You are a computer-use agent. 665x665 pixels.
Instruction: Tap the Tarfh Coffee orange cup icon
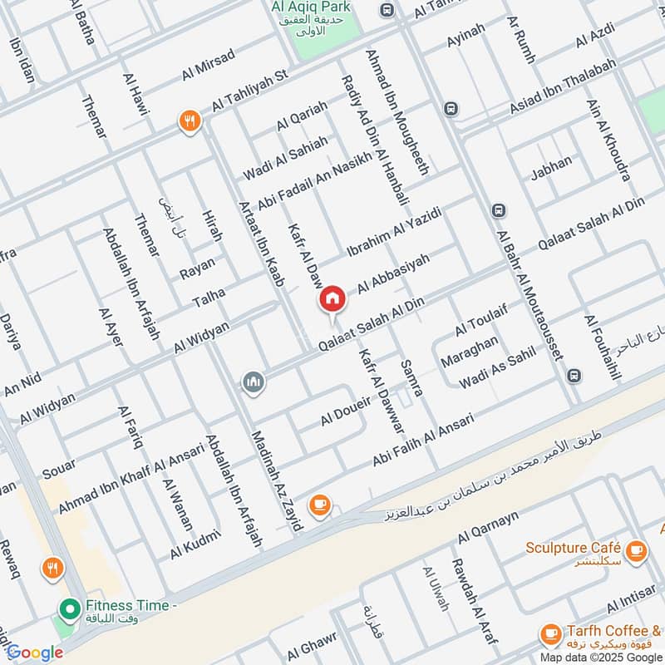tap(549, 634)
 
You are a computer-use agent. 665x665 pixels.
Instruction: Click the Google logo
tap(35, 653)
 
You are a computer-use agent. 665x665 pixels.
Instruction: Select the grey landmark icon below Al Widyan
tap(254, 382)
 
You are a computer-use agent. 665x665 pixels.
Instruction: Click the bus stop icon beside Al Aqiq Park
tap(387, 10)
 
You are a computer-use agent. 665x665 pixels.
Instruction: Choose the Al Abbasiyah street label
tap(394, 274)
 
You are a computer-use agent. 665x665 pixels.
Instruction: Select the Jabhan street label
tap(551, 168)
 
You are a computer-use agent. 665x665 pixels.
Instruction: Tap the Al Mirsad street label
tap(209, 64)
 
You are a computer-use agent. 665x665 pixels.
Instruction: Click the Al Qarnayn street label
tap(488, 528)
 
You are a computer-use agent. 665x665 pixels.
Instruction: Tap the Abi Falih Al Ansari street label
tap(422, 439)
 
